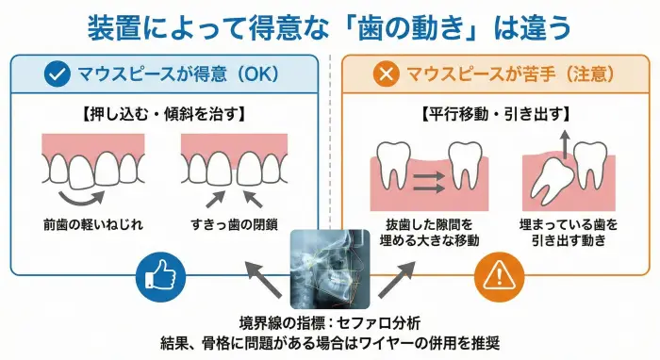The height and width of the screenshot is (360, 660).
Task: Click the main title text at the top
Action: click(x=329, y=27)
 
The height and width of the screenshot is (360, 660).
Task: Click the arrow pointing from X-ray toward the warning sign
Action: click(x=393, y=280)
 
